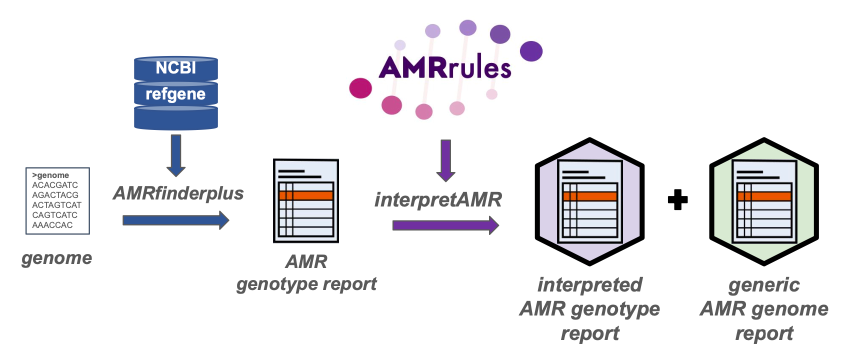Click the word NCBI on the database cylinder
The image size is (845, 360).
coord(175,68)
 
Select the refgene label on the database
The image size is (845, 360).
coord(175,94)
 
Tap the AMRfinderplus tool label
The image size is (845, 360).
coord(178,193)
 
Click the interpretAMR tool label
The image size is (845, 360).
coord(438,199)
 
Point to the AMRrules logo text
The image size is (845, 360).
coord(444,68)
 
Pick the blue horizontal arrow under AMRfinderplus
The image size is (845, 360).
coord(175,220)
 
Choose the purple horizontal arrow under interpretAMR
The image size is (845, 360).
coord(445,225)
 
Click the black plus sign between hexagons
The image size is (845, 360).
coord(677,200)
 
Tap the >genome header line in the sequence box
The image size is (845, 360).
coord(50,175)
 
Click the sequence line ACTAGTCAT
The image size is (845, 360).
coord(56,205)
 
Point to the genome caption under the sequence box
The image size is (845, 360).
coord(56,258)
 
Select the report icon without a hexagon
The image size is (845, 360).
coord(306,201)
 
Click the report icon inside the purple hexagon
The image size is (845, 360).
coord(590,201)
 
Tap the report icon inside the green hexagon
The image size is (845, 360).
coord(764,201)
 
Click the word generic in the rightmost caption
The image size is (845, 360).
coord(764,285)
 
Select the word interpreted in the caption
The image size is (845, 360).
coord(590,285)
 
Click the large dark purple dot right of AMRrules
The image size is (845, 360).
coord(531,51)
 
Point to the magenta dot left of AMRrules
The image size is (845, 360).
coord(360,88)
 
